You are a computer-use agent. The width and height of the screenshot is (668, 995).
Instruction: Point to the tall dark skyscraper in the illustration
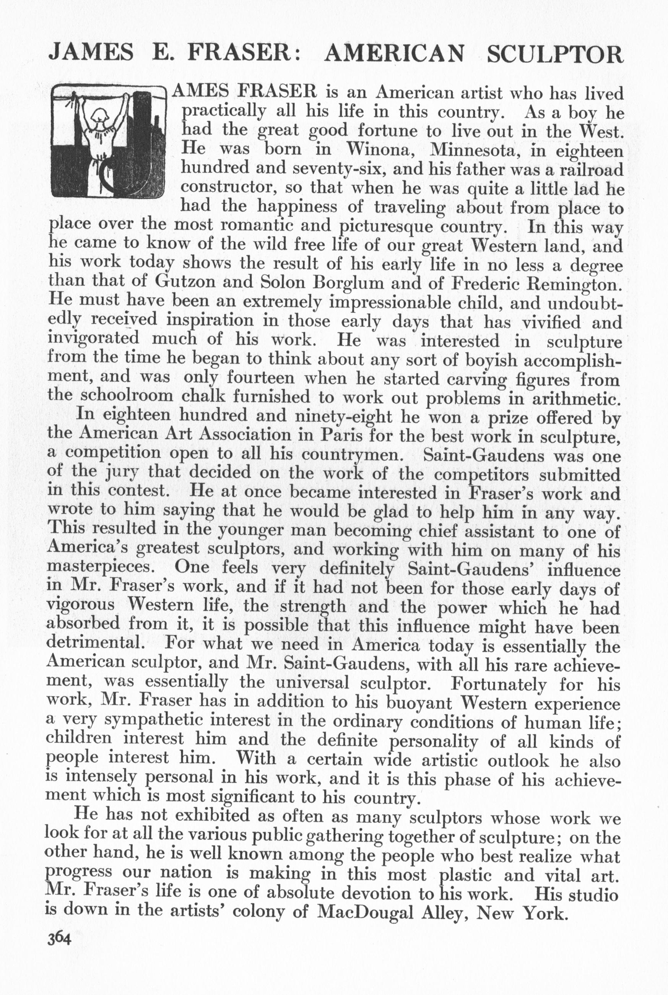pyautogui.click(x=142, y=128)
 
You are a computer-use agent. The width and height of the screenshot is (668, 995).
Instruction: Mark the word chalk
pyautogui.click(x=201, y=397)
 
